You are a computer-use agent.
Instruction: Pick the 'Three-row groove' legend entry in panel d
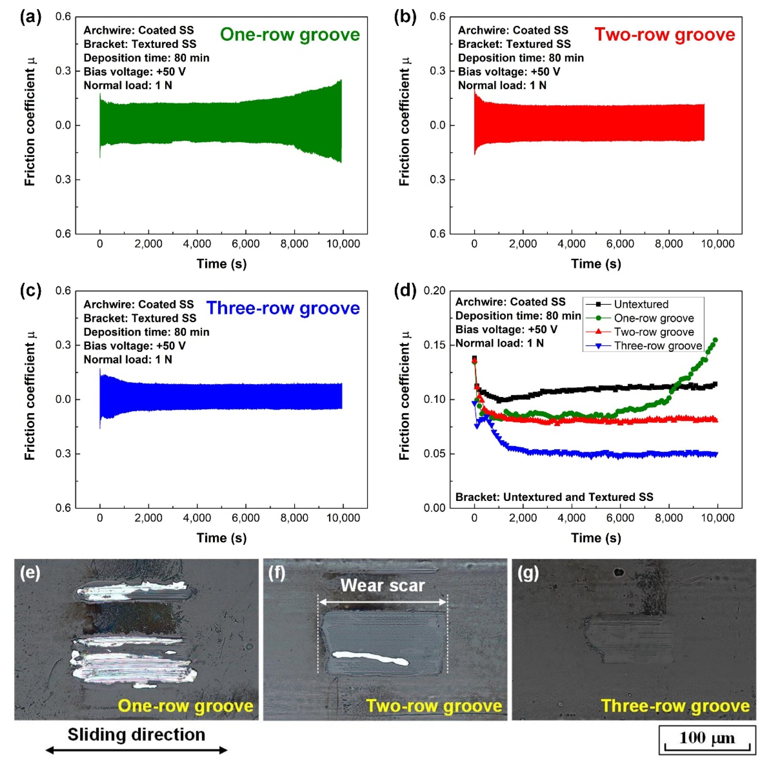(658, 346)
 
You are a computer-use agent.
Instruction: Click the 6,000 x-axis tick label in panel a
(246, 244)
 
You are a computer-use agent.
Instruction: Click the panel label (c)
(31, 291)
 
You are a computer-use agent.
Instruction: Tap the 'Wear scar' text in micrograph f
(382, 586)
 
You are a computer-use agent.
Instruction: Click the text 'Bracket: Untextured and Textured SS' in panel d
(554, 497)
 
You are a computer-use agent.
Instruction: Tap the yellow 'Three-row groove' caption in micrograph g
(675, 706)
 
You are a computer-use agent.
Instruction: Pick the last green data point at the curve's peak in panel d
(715, 340)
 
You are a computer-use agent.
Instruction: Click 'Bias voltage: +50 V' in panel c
(135, 346)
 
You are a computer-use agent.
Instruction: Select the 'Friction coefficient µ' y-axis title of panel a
(30, 121)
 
